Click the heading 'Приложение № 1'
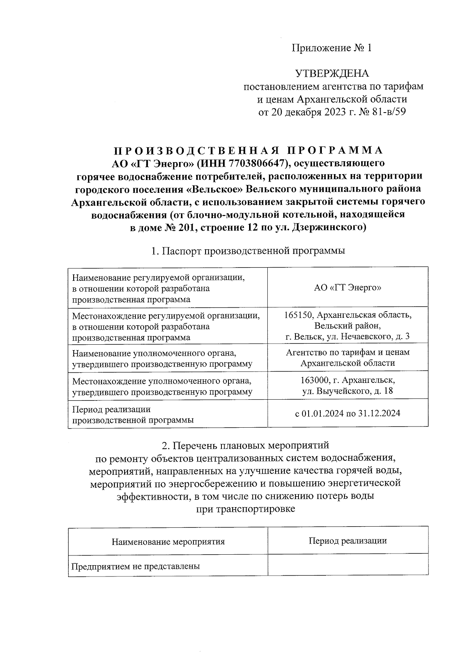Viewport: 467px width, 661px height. click(x=332, y=48)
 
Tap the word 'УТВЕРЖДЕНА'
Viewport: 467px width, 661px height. click(x=332, y=74)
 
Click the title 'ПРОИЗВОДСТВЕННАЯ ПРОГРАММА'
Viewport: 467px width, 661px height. click(x=248, y=150)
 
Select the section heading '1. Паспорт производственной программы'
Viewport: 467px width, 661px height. click(x=248, y=251)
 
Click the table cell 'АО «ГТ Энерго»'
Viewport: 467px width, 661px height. click(x=348, y=288)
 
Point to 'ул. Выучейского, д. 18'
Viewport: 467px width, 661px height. click(x=348, y=391)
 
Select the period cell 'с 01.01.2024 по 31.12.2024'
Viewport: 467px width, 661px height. click(x=348, y=413)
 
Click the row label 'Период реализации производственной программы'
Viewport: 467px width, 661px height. click(x=132, y=415)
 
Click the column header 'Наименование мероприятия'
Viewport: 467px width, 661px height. click(x=168, y=541)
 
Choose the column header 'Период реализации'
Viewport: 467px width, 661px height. click(x=348, y=541)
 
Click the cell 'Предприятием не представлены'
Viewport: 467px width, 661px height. click(x=135, y=566)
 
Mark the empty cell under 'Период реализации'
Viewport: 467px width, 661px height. click(x=348, y=566)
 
